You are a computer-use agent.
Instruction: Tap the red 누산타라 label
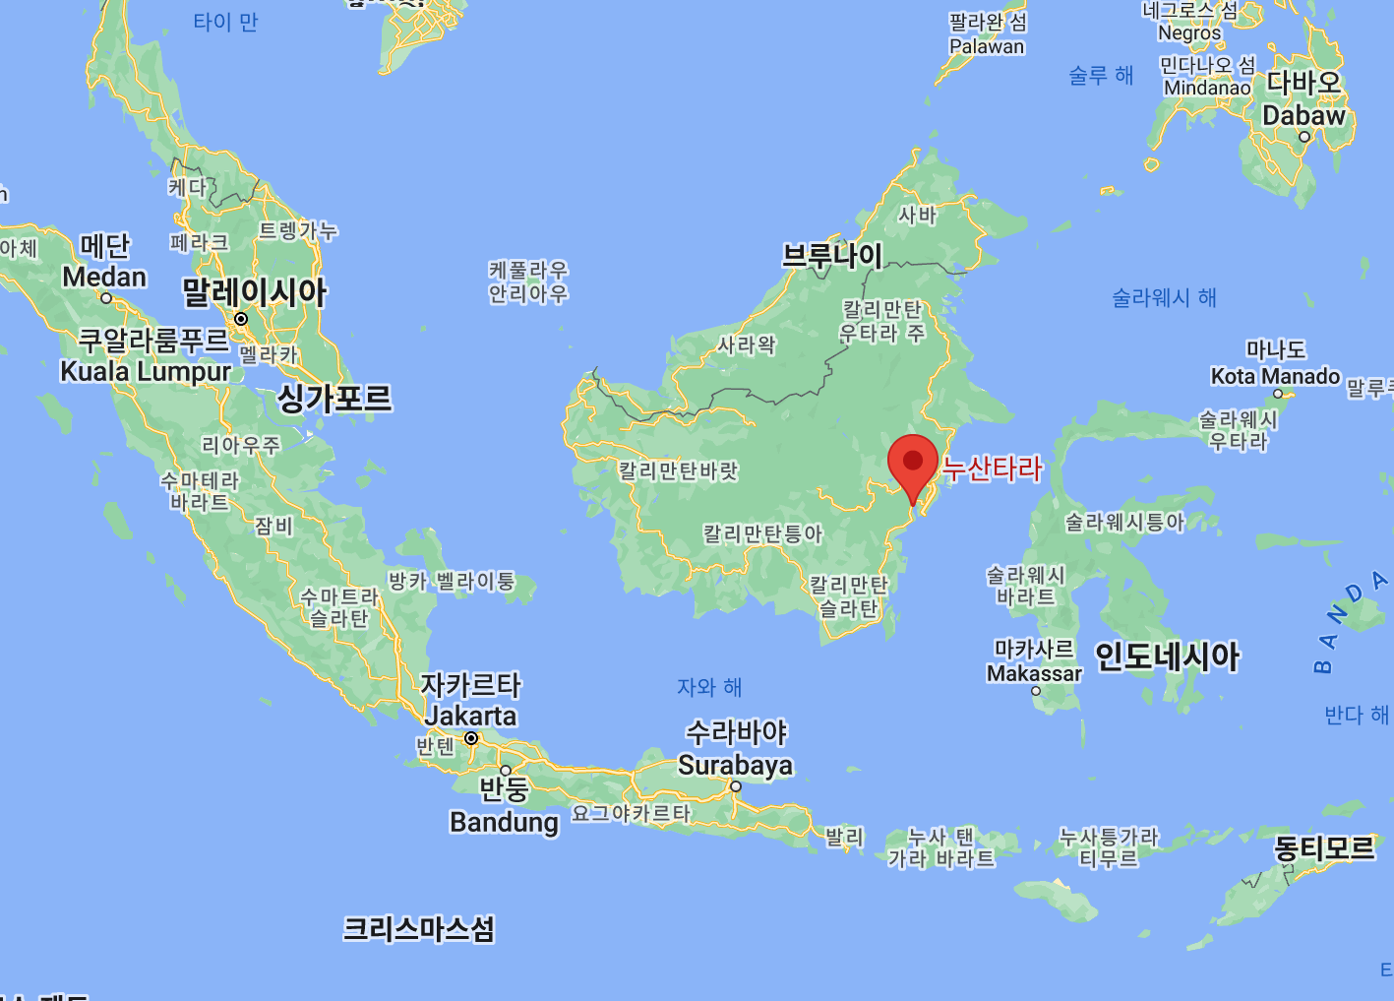(992, 468)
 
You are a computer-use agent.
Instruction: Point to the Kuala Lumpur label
(146, 371)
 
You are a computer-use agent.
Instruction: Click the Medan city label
(104, 278)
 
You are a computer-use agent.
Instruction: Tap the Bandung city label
(504, 821)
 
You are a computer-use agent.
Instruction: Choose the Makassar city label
(1034, 673)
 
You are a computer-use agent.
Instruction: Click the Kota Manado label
(1275, 376)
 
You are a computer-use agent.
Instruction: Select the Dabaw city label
(1303, 115)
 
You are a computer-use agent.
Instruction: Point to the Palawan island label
(987, 46)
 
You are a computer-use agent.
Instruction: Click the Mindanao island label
(1207, 88)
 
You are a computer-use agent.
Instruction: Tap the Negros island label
(1189, 32)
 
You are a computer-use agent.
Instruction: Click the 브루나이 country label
(832, 256)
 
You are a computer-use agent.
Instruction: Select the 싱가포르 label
(334, 398)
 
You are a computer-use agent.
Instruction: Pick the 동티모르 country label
(1324, 847)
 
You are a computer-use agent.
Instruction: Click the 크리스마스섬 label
(418, 928)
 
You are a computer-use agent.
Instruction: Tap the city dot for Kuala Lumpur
(241, 319)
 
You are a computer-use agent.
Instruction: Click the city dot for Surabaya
(735, 786)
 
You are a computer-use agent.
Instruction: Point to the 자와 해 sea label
(709, 687)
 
